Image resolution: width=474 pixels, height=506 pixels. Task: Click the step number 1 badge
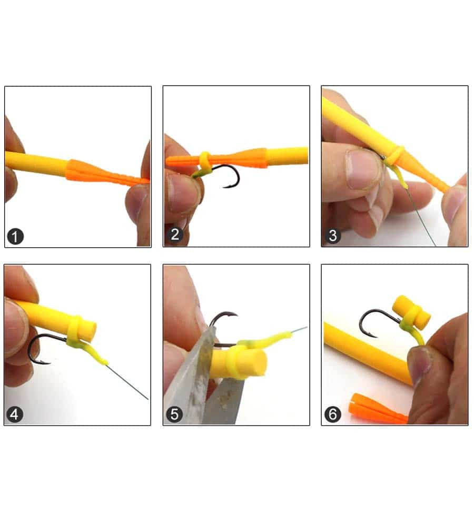point(15,237)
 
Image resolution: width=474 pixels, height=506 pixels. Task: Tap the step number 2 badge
point(175,234)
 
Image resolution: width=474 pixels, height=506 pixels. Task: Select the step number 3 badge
point(333,236)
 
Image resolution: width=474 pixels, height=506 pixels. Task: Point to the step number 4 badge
point(15,414)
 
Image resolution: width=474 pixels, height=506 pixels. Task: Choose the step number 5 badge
point(174,414)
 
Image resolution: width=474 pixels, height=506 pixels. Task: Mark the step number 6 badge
point(333,414)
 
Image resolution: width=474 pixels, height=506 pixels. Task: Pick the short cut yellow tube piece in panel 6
point(411,312)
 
